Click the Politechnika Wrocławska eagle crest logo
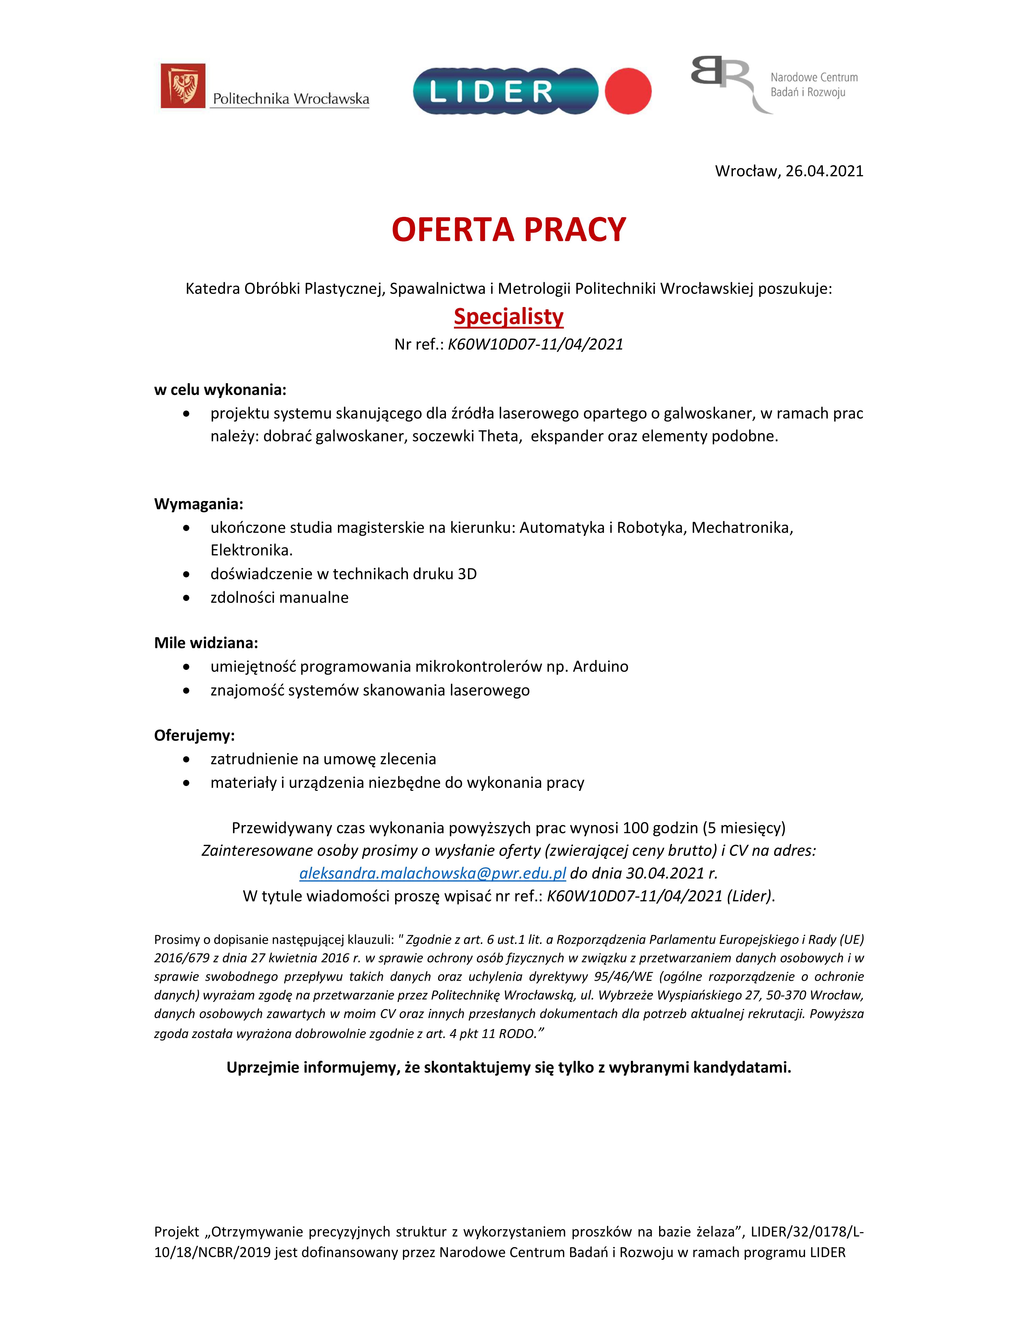[x=183, y=86]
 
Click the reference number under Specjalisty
[x=535, y=344]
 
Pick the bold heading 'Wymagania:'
[x=199, y=504]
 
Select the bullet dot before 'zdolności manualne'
[x=186, y=598]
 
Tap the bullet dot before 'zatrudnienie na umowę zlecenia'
[x=186, y=759]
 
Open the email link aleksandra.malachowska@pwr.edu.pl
[x=432, y=873]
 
